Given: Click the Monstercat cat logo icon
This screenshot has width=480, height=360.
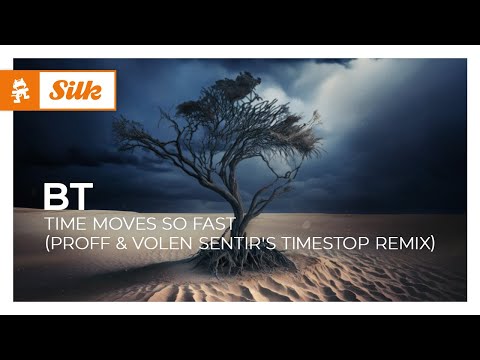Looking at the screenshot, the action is (20, 90).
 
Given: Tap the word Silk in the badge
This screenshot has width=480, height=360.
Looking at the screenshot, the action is (76, 90).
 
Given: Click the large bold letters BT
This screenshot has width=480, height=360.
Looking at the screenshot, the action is (68, 197).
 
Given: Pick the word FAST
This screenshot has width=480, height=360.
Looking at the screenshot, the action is (214, 224).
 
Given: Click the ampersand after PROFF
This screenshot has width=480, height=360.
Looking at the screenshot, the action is (122, 243).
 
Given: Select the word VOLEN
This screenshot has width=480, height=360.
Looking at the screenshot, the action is (163, 243).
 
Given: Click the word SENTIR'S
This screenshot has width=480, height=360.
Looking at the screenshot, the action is (237, 243).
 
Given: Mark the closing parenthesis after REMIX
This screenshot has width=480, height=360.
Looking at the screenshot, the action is (432, 244).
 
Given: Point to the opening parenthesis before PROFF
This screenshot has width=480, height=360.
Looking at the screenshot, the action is (48, 244).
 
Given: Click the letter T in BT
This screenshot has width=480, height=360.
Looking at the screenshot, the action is (81, 197).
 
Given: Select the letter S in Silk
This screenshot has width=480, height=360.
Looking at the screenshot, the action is (57, 90).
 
